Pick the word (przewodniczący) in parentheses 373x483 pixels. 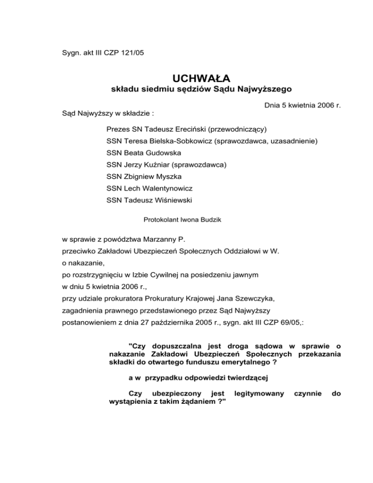point(234,129)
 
